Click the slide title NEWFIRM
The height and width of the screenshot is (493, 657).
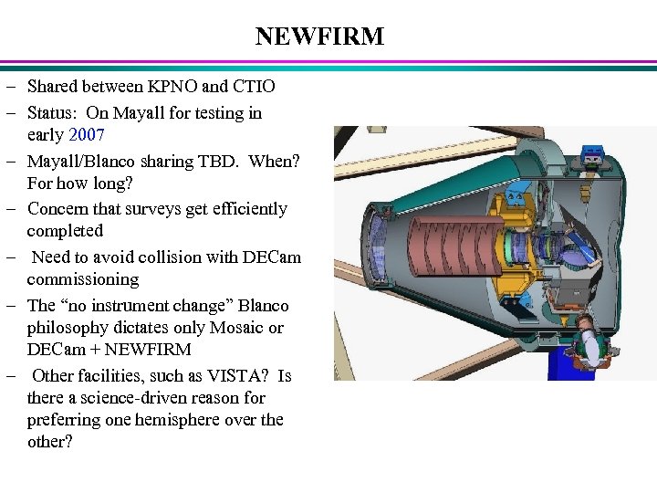click(x=319, y=37)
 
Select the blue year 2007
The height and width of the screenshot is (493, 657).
click(x=87, y=135)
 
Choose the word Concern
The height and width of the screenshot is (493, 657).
click(x=59, y=209)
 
